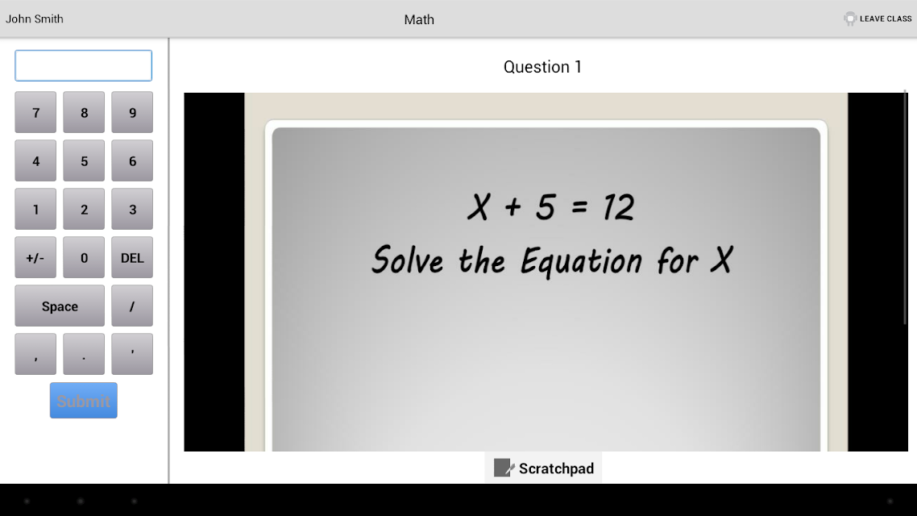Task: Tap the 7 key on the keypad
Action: pos(35,112)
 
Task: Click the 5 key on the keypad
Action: pos(84,161)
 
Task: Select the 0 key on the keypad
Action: pos(84,257)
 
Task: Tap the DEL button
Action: pos(132,257)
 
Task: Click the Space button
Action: pos(60,306)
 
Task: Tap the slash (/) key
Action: pos(132,306)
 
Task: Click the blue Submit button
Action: pos(84,401)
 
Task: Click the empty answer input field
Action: pos(84,65)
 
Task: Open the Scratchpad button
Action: pos(543,468)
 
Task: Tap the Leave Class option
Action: pos(878,19)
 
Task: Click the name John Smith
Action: pos(35,19)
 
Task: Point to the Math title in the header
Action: pos(419,19)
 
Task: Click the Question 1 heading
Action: pos(543,67)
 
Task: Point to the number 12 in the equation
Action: pos(619,207)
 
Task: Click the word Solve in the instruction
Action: pos(408,260)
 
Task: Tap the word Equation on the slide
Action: pos(581,261)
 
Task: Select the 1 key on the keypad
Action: pos(35,210)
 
